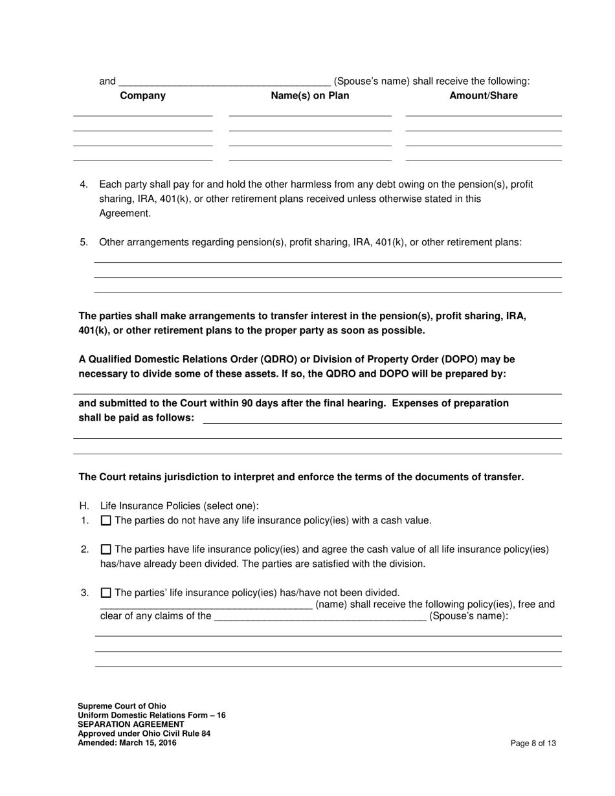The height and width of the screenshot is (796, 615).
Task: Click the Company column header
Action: pos(142,96)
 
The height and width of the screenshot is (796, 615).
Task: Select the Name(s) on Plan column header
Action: pos(309,96)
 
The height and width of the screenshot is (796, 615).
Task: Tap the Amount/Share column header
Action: pos(483,96)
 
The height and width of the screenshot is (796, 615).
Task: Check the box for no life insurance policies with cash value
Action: pos(106,520)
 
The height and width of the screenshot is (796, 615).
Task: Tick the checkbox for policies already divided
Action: pos(106,549)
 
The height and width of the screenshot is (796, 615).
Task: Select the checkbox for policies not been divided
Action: pos(106,592)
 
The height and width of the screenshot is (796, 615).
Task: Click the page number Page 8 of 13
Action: pos(533,744)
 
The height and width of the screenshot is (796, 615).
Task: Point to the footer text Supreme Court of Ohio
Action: pos(121,706)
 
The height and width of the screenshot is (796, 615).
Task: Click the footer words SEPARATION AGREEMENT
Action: pos(131,724)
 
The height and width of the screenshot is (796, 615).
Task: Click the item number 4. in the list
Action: pos(84,184)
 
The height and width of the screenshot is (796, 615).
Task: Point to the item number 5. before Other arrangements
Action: pos(84,242)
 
